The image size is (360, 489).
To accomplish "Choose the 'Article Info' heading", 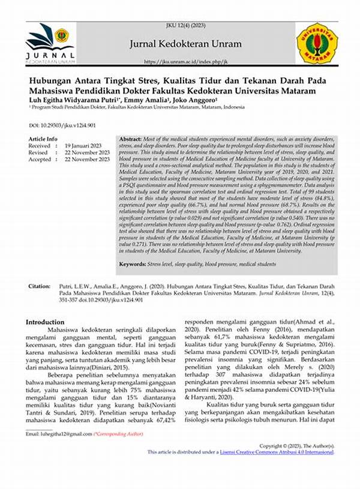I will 43,139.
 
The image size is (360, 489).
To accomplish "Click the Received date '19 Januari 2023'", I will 86,146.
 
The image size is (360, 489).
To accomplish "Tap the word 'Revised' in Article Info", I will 40,152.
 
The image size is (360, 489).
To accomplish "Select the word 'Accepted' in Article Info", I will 41,160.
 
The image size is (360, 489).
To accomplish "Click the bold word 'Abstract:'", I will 134,138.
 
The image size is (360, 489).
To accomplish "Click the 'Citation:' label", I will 40,287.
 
